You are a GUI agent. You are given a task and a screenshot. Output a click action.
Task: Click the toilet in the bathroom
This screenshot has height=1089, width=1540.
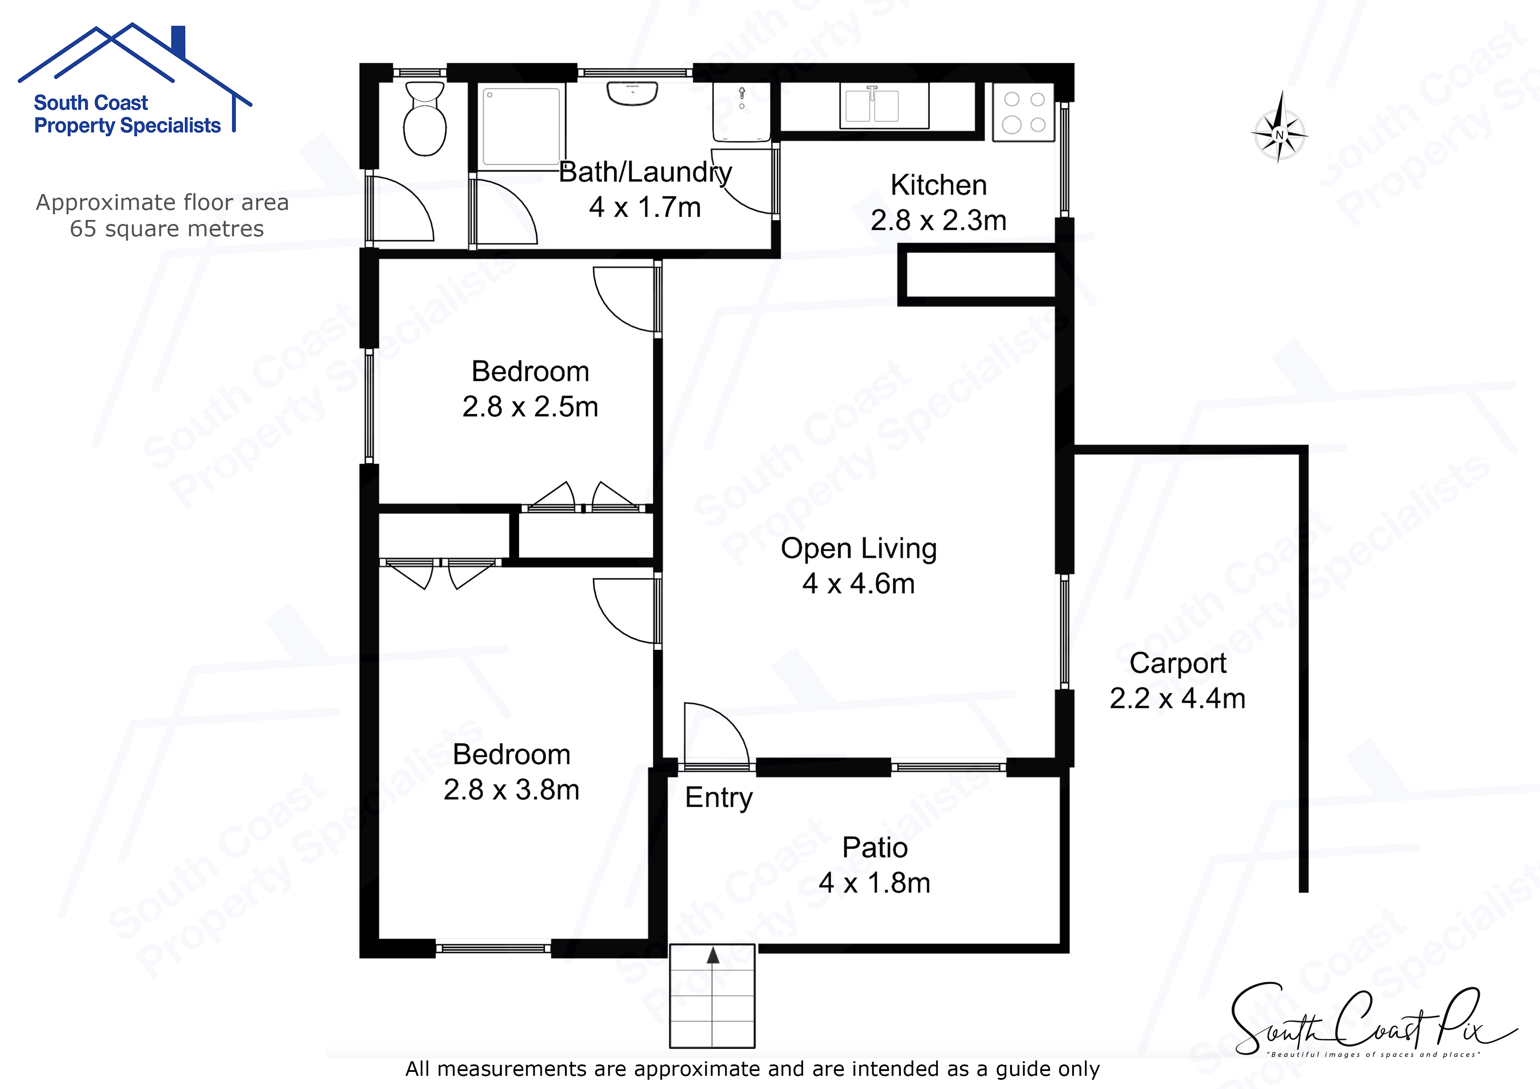tap(425, 121)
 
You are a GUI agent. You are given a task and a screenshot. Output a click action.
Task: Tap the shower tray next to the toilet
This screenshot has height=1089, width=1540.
tap(521, 126)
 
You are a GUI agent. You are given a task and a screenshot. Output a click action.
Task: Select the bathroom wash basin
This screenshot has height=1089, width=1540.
tap(632, 93)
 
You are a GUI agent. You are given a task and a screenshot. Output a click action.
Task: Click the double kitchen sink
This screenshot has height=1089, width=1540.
tap(884, 105)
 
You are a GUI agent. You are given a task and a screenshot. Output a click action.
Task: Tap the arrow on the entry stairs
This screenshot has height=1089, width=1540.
tap(712, 956)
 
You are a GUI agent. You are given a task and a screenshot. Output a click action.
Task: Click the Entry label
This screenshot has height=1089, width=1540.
tap(718, 798)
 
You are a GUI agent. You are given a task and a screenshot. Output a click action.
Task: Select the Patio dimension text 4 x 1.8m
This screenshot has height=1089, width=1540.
tap(874, 883)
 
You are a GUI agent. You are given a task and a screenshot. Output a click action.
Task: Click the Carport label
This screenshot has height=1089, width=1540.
tap(1178, 663)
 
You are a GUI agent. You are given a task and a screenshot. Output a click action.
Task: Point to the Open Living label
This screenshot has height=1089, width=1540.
tap(859, 549)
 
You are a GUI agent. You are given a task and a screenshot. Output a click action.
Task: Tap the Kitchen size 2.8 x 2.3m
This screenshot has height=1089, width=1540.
tap(938, 220)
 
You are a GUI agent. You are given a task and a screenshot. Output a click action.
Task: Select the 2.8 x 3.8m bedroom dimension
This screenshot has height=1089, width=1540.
tap(511, 790)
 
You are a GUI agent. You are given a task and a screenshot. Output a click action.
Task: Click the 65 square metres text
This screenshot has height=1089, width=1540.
tap(166, 229)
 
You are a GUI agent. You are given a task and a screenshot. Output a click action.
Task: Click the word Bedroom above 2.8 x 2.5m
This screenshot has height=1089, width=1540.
tap(530, 372)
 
